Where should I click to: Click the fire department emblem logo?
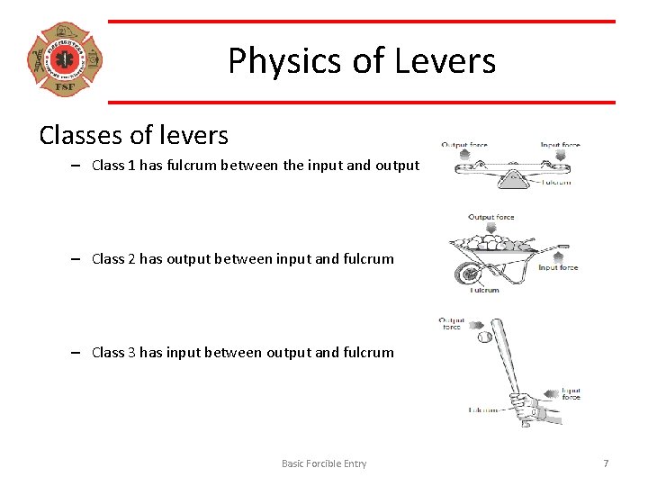65,59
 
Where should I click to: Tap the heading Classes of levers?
133,135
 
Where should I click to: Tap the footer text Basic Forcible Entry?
324,463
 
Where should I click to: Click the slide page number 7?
606,463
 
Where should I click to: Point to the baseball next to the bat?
484,337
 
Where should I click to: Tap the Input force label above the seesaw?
560,144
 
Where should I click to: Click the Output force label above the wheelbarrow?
491,217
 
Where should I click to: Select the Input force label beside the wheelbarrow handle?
558,267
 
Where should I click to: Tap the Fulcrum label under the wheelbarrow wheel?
484,290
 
